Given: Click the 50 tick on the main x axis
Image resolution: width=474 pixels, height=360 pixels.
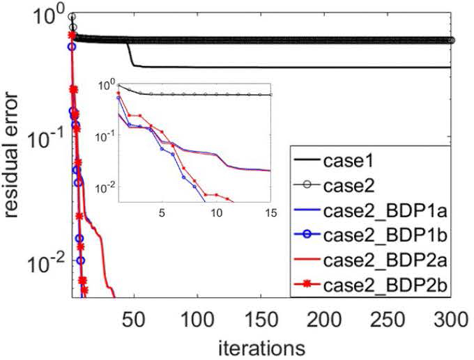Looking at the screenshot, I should pos(134,321).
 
